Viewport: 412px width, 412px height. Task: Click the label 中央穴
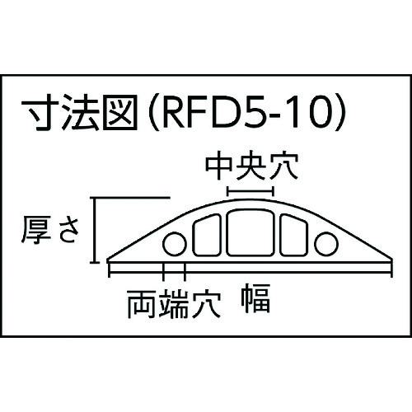(252, 166)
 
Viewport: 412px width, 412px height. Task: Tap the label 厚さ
(50, 230)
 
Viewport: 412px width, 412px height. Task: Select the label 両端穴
(174, 304)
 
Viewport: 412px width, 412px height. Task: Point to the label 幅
(255, 298)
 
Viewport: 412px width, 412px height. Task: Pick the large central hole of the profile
(250, 232)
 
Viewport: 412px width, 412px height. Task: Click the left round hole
(175, 244)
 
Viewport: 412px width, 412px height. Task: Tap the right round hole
(326, 244)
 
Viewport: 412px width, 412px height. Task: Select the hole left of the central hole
(207, 236)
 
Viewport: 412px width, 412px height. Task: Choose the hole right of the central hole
(293, 236)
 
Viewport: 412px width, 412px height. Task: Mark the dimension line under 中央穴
(250, 191)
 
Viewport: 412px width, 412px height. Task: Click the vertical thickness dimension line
(95, 230)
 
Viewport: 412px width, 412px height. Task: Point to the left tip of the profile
(107, 260)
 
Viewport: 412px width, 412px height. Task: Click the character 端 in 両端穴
(174, 304)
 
